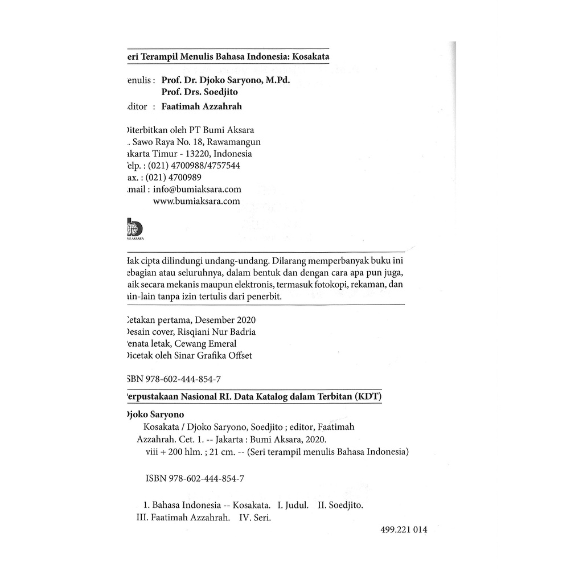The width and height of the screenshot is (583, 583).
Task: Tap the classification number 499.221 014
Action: click(x=403, y=529)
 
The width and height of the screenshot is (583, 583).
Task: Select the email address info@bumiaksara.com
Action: click(x=197, y=189)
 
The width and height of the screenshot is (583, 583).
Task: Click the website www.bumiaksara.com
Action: click(x=197, y=201)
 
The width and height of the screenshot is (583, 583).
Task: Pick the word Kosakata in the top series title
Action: click(x=311, y=57)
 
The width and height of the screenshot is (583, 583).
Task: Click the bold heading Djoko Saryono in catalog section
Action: click(x=153, y=415)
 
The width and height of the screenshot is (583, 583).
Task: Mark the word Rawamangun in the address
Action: click(x=233, y=142)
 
